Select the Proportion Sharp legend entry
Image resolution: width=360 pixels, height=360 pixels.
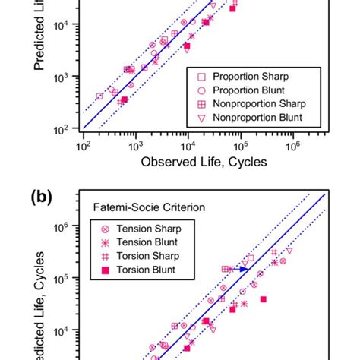coord(249,77)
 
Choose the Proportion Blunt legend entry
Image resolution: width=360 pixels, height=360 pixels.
coord(249,90)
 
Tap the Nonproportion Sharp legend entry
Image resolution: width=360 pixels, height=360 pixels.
coord(257,104)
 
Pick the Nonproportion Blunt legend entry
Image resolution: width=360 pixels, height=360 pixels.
coord(257,118)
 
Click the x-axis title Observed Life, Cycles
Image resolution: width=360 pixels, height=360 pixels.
coord(203,162)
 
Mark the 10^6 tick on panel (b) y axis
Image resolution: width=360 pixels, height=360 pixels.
coord(61,226)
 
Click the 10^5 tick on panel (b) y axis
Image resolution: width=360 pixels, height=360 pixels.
coord(61,279)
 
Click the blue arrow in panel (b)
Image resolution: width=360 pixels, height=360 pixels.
coord(242,269)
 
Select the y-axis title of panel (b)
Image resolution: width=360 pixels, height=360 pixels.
coord(39,304)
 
